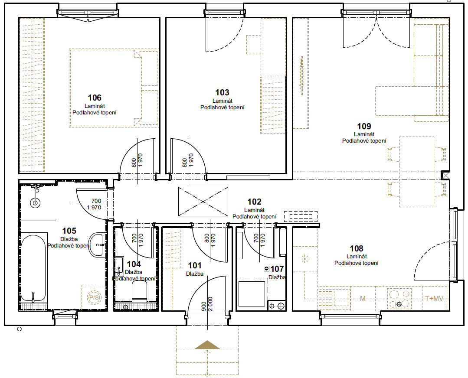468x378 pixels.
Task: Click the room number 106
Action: [x=94, y=98]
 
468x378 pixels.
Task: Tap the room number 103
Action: [x=223, y=92]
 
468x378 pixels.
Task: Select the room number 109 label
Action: [x=364, y=126]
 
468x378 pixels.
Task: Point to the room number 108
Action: [x=357, y=248]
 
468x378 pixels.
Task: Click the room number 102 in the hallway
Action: [x=254, y=202]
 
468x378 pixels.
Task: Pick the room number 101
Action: [x=195, y=265]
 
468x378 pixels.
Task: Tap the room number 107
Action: [x=277, y=269]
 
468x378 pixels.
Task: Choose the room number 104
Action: [x=134, y=264]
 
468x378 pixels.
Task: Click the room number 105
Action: [x=69, y=231]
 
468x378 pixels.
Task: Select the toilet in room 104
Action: [x=139, y=291]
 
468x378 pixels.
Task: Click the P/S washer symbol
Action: [x=94, y=297]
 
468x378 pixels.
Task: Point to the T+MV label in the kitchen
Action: [x=434, y=298]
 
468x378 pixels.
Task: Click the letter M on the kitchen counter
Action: [x=363, y=298]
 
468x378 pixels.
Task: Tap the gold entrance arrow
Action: [x=207, y=345]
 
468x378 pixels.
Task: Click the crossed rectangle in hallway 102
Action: [x=203, y=202]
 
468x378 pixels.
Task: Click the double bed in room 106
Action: [x=113, y=88]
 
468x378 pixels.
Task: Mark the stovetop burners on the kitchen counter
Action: [x=399, y=298]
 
